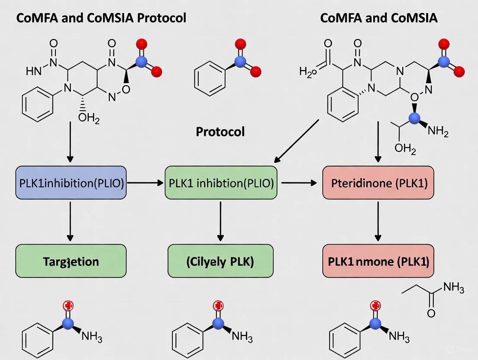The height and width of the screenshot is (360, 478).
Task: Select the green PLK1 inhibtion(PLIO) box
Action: tap(221, 183)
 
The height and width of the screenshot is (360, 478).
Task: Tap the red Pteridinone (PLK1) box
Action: tap(378, 183)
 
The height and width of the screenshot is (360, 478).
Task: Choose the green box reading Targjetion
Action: tap(71, 261)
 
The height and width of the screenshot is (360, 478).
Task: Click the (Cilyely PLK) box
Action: tap(221, 261)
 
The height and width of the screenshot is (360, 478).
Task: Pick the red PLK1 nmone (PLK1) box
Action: tap(378, 261)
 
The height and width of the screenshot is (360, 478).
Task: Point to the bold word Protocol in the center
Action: tap(220, 132)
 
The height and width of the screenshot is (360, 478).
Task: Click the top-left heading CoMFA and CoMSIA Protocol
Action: tap(101, 18)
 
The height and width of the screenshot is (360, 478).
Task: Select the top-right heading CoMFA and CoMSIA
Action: tap(378, 18)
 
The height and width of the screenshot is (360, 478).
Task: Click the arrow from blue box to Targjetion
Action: tap(70, 221)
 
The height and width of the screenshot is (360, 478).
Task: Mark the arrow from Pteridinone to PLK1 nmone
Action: tap(378, 221)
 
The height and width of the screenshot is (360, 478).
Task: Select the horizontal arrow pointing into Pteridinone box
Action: tap(299, 183)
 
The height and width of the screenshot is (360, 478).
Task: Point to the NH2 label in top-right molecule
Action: tap(437, 132)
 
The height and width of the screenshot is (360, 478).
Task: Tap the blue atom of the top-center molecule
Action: tap(241, 63)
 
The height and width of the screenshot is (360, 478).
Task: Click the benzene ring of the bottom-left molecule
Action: tap(37, 342)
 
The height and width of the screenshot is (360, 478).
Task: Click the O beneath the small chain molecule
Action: tap(431, 313)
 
